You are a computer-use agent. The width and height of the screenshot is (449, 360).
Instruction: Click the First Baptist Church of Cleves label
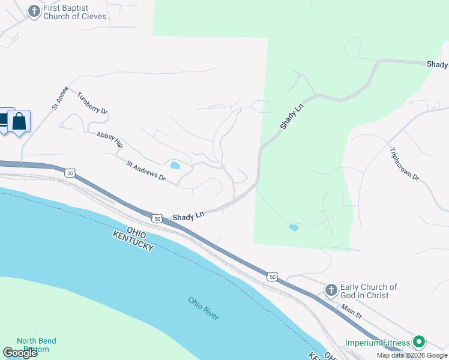(x=75, y=12)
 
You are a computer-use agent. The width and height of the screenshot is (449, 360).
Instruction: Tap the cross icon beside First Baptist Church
(x=34, y=11)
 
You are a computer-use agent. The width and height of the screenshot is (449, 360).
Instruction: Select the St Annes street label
(x=58, y=98)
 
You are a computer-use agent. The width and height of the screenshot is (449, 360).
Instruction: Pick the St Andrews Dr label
(x=145, y=170)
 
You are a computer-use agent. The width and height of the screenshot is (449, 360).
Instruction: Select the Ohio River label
(x=203, y=308)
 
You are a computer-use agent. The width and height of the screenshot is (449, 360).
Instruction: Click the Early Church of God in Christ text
(x=369, y=291)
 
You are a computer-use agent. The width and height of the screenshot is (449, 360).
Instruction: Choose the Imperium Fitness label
(x=378, y=343)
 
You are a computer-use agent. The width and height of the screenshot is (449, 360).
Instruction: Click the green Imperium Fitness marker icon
(x=419, y=343)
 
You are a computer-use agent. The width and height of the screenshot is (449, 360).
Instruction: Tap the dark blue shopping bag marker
(x=19, y=122)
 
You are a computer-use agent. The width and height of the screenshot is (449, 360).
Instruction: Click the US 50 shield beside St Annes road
(x=71, y=173)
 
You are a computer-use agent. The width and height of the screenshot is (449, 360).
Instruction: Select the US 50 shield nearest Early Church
(x=273, y=277)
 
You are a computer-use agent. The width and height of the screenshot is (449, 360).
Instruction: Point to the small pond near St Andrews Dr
(x=175, y=166)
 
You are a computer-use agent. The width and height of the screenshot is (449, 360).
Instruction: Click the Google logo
(x=20, y=353)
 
